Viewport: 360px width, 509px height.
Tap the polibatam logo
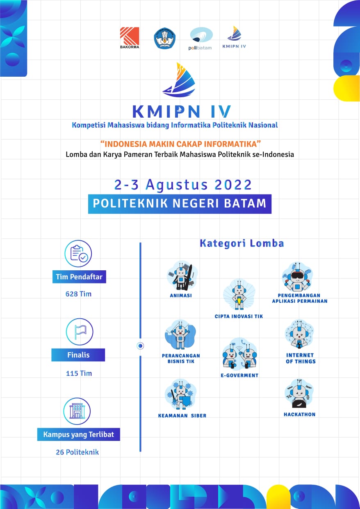201,39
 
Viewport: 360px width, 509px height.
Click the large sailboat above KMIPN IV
179,80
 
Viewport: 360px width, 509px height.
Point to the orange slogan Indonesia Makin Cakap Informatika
180,144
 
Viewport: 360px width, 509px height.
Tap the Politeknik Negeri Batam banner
180,204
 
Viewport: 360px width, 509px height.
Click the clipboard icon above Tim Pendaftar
78,253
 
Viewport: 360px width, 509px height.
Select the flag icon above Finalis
80,332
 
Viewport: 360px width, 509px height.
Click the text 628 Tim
78,294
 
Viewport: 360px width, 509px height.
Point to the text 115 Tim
79,373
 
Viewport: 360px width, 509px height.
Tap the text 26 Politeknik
77,452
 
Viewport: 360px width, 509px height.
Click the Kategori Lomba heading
242,243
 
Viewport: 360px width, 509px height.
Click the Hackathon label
300,415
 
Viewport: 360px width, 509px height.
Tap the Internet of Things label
301,358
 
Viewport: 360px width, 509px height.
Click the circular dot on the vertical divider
140,346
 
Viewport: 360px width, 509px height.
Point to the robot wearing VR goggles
297,277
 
